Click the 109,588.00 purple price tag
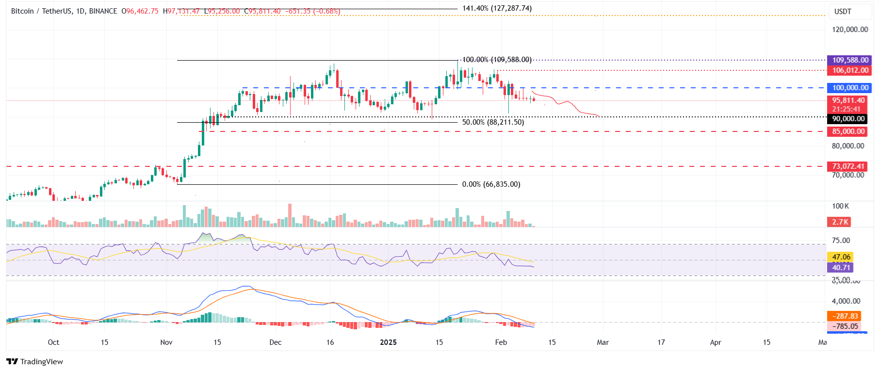[x=849, y=60]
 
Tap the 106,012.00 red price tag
[x=849, y=70]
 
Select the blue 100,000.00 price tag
[x=849, y=88]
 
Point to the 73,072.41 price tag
[x=847, y=166]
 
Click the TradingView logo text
[x=35, y=361]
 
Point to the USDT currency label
[x=843, y=12]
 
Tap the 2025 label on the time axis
[x=388, y=342]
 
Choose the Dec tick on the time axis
[x=275, y=342]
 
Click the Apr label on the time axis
[x=716, y=342]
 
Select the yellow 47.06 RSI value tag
[x=841, y=257]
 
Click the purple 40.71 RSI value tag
[x=841, y=268]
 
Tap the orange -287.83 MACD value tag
[x=844, y=316]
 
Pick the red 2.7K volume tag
[x=840, y=222]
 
